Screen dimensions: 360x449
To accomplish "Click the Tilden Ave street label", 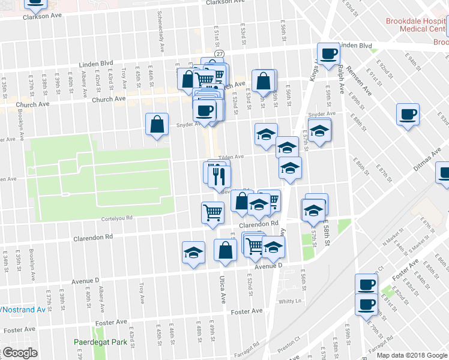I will pyautogui.click(x=231, y=157).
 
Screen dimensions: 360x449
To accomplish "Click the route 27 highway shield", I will pyautogui.click(x=221, y=54).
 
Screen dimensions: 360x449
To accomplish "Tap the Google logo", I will pyautogui.click(x=19, y=353).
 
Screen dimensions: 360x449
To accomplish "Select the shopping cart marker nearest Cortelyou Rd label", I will pyautogui.click(x=213, y=213).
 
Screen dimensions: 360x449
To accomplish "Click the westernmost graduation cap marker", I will pyautogui.click(x=193, y=253).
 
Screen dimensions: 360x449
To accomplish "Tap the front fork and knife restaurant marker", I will pyautogui.click(x=219, y=176).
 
